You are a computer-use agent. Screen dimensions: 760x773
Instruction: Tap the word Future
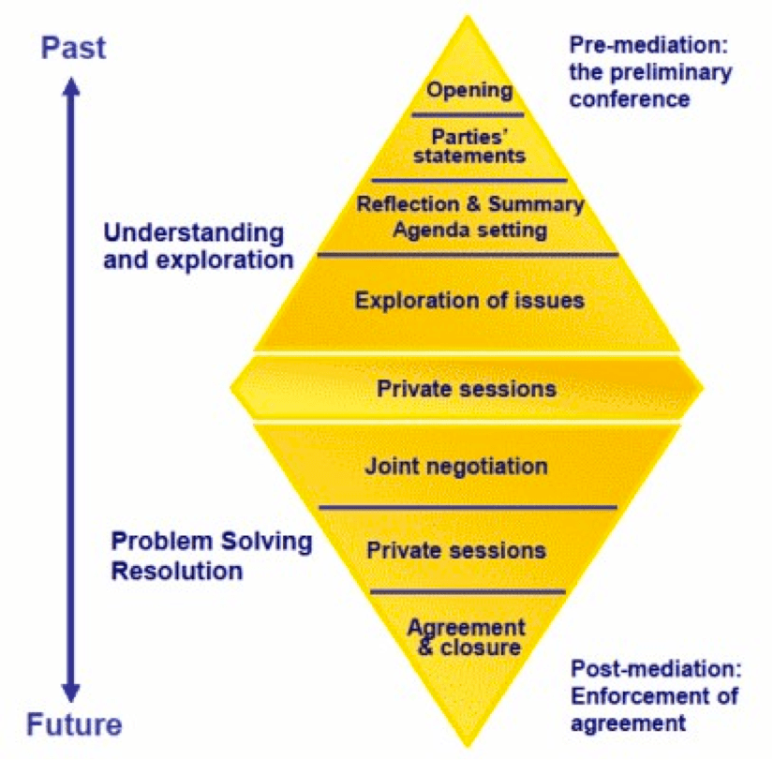pyautogui.click(x=74, y=723)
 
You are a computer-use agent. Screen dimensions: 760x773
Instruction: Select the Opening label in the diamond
pyautogui.click(x=469, y=91)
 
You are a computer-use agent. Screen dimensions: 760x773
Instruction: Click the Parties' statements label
pyautogui.click(x=470, y=145)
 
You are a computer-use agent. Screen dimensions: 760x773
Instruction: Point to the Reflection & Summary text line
pyautogui.click(x=470, y=204)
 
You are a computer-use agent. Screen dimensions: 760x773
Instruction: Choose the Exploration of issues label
pyautogui.click(x=469, y=301)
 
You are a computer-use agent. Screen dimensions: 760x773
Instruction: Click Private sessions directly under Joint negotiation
pyautogui.click(x=456, y=549)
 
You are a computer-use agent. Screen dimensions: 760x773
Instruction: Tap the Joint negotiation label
pyautogui.click(x=456, y=465)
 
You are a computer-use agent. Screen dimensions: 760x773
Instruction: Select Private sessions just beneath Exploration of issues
pyautogui.click(x=466, y=388)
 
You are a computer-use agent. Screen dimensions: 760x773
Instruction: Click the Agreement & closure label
pyautogui.click(x=467, y=636)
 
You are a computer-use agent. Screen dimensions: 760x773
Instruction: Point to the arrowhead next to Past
pyautogui.click(x=71, y=86)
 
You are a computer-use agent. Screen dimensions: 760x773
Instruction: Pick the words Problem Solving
pyautogui.click(x=212, y=543)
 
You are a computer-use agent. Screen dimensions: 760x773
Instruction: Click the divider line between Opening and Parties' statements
pyautogui.click(x=468, y=115)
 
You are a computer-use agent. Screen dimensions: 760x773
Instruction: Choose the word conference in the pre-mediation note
pyautogui.click(x=630, y=98)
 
